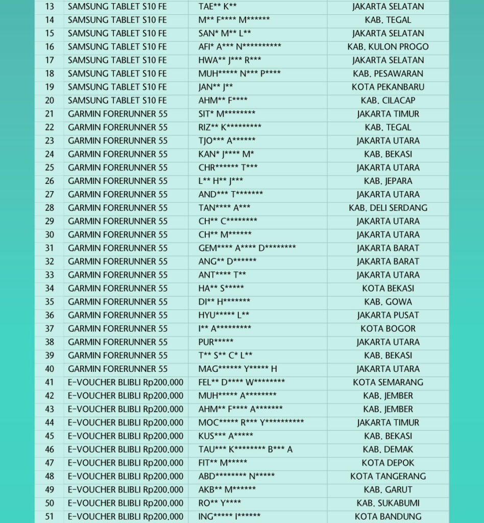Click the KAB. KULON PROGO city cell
click(x=388, y=47)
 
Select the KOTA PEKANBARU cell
click(x=388, y=87)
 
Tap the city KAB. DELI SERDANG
click(x=388, y=208)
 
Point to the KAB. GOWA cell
click(x=388, y=302)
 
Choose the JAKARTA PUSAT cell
click(x=388, y=315)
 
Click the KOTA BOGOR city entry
click(x=388, y=329)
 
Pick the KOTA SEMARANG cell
click(x=388, y=383)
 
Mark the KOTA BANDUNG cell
click(x=388, y=516)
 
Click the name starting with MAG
click(x=238, y=369)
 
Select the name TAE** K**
click(x=217, y=7)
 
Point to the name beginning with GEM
click(x=247, y=248)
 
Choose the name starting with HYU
click(x=224, y=315)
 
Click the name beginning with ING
click(x=229, y=516)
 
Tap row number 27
click(x=50, y=195)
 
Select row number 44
click(x=50, y=423)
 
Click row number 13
click(x=50, y=7)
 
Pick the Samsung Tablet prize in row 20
click(x=117, y=101)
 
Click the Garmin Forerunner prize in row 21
click(x=118, y=114)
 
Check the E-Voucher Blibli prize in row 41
click(x=126, y=383)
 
